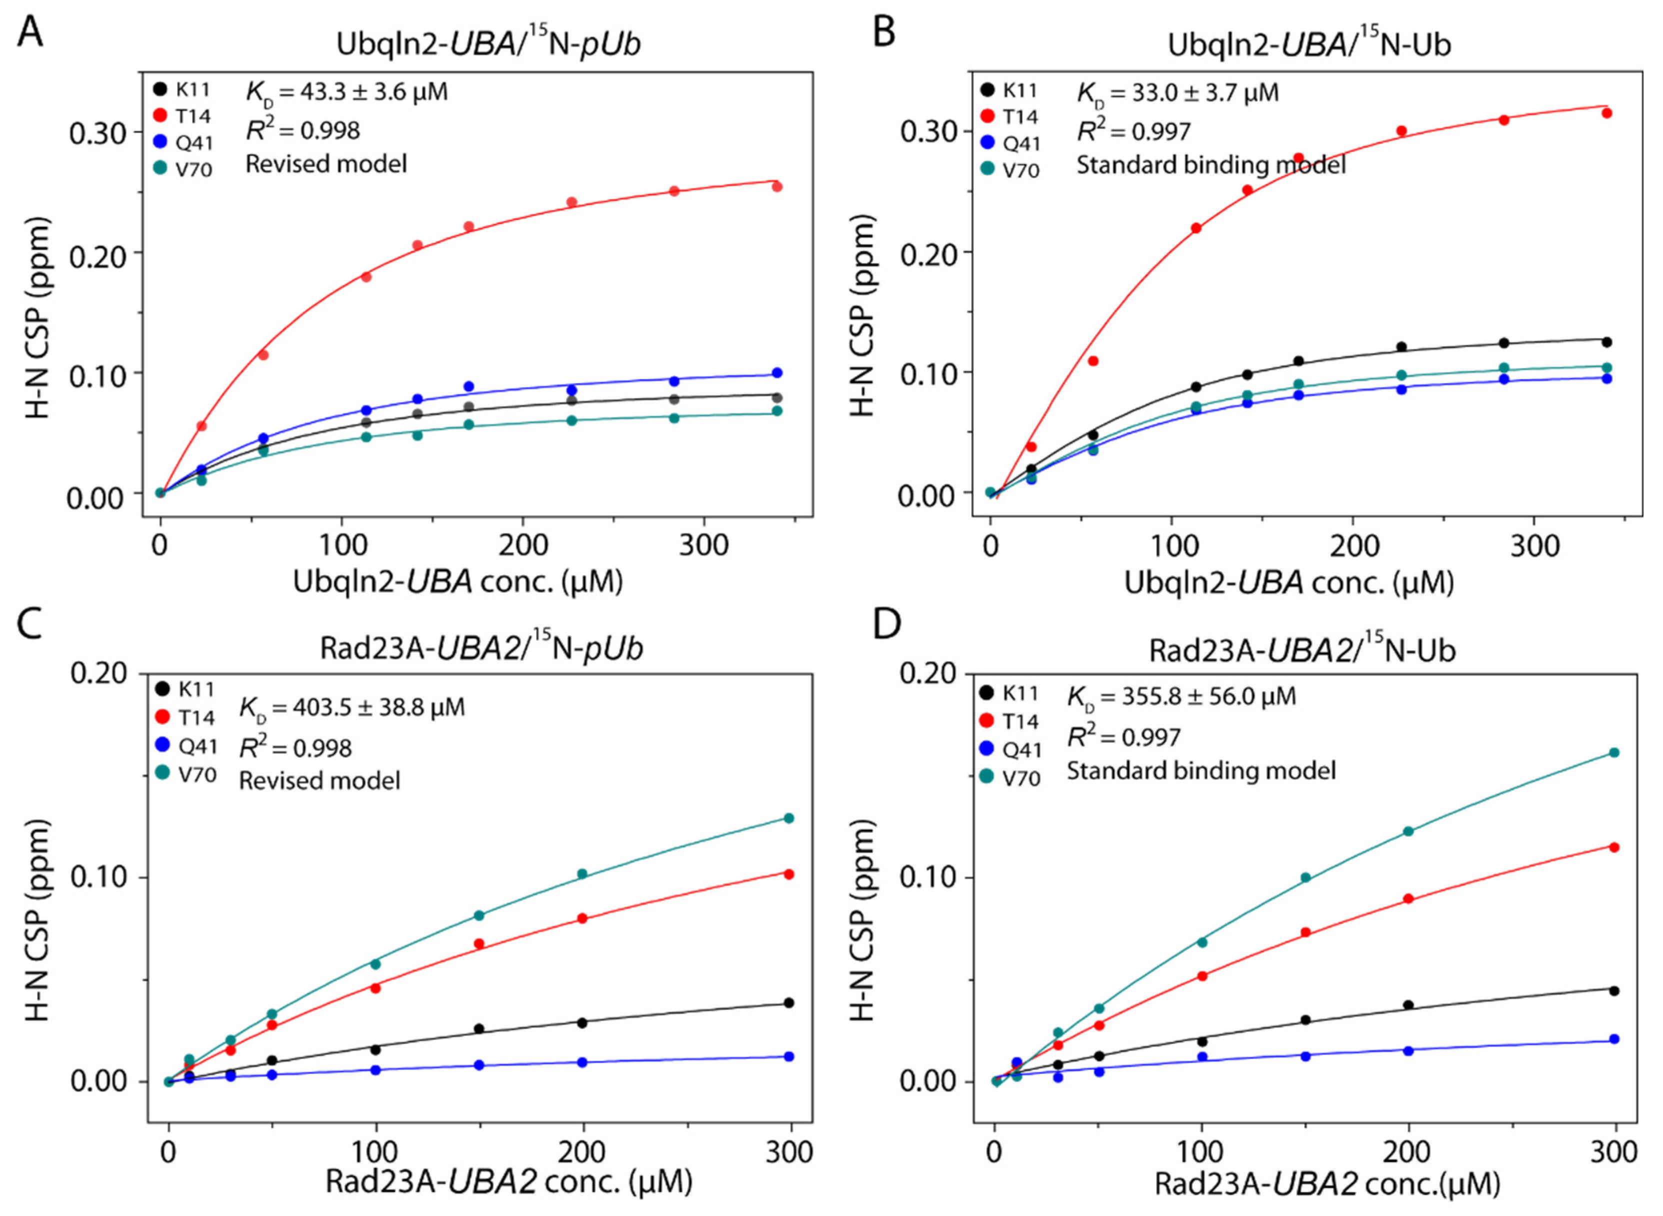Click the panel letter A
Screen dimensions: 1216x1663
[29, 32]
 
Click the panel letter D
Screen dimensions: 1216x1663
[886, 624]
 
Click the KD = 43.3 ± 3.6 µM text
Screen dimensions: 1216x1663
[346, 92]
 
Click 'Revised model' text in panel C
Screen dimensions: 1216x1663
[319, 780]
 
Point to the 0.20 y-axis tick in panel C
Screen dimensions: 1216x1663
[98, 673]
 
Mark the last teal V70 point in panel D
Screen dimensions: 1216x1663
[1614, 752]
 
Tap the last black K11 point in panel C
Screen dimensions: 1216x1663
[789, 1002]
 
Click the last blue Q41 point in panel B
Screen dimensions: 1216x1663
[1607, 378]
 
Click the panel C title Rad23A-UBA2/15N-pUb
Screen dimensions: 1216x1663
[481, 647]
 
